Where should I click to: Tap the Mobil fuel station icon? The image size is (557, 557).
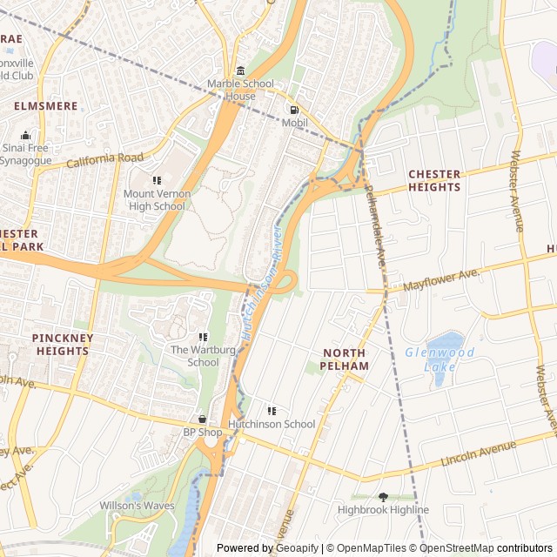[x=293, y=111]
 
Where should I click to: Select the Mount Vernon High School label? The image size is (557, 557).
[x=154, y=199]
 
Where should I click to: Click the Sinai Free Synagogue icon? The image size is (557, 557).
[x=25, y=135]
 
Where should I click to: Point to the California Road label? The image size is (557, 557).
[x=104, y=160]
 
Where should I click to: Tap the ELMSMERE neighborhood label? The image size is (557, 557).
[x=46, y=106]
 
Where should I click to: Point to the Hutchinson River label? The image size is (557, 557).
[x=260, y=285]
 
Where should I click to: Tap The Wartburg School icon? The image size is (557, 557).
[x=203, y=337]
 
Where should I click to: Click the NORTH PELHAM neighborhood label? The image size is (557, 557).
[x=346, y=359]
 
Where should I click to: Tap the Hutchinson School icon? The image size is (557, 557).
[x=272, y=410]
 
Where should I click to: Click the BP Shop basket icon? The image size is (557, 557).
[x=203, y=419]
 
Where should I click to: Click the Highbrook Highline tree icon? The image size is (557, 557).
[x=383, y=497]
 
